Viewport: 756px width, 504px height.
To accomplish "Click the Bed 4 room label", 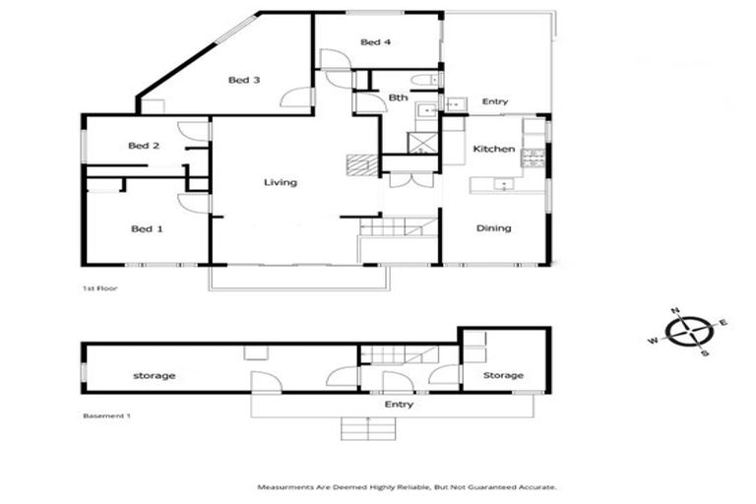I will pos(376,42).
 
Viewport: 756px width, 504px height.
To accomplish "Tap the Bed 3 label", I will pos(244,81).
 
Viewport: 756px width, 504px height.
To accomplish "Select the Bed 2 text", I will pos(144,146).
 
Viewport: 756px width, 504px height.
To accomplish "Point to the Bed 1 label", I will pos(147,229).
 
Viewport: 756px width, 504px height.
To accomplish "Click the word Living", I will pos(280,182).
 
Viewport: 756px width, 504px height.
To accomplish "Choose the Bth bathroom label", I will pos(398,97).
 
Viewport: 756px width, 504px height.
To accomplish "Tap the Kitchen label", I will pos(493,149).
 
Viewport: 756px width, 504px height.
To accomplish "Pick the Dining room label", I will pos(493,228).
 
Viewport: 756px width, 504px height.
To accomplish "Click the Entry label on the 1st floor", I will pos(494,101).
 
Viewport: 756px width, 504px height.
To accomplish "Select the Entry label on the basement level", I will pos(399,405).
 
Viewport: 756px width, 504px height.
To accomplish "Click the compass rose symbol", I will pos(690,332).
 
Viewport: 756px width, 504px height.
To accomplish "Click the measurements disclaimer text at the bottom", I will pos(407,487).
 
